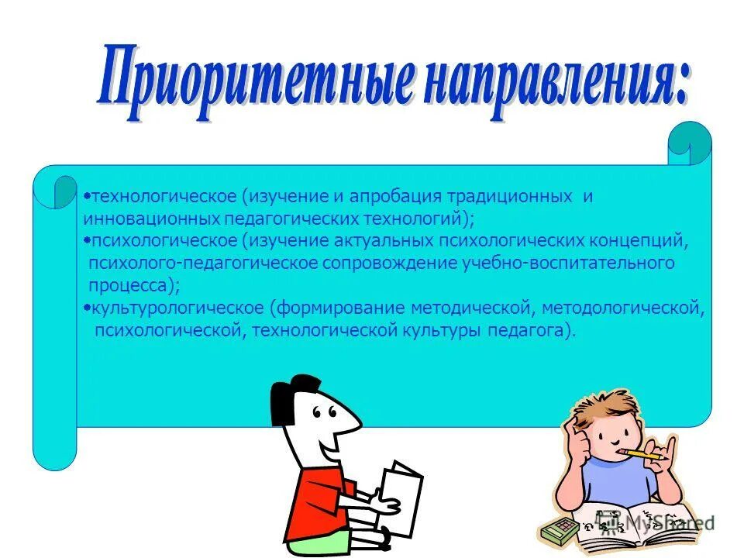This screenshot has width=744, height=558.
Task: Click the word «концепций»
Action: point(643,241)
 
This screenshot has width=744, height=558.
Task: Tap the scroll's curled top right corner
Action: point(689,143)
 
